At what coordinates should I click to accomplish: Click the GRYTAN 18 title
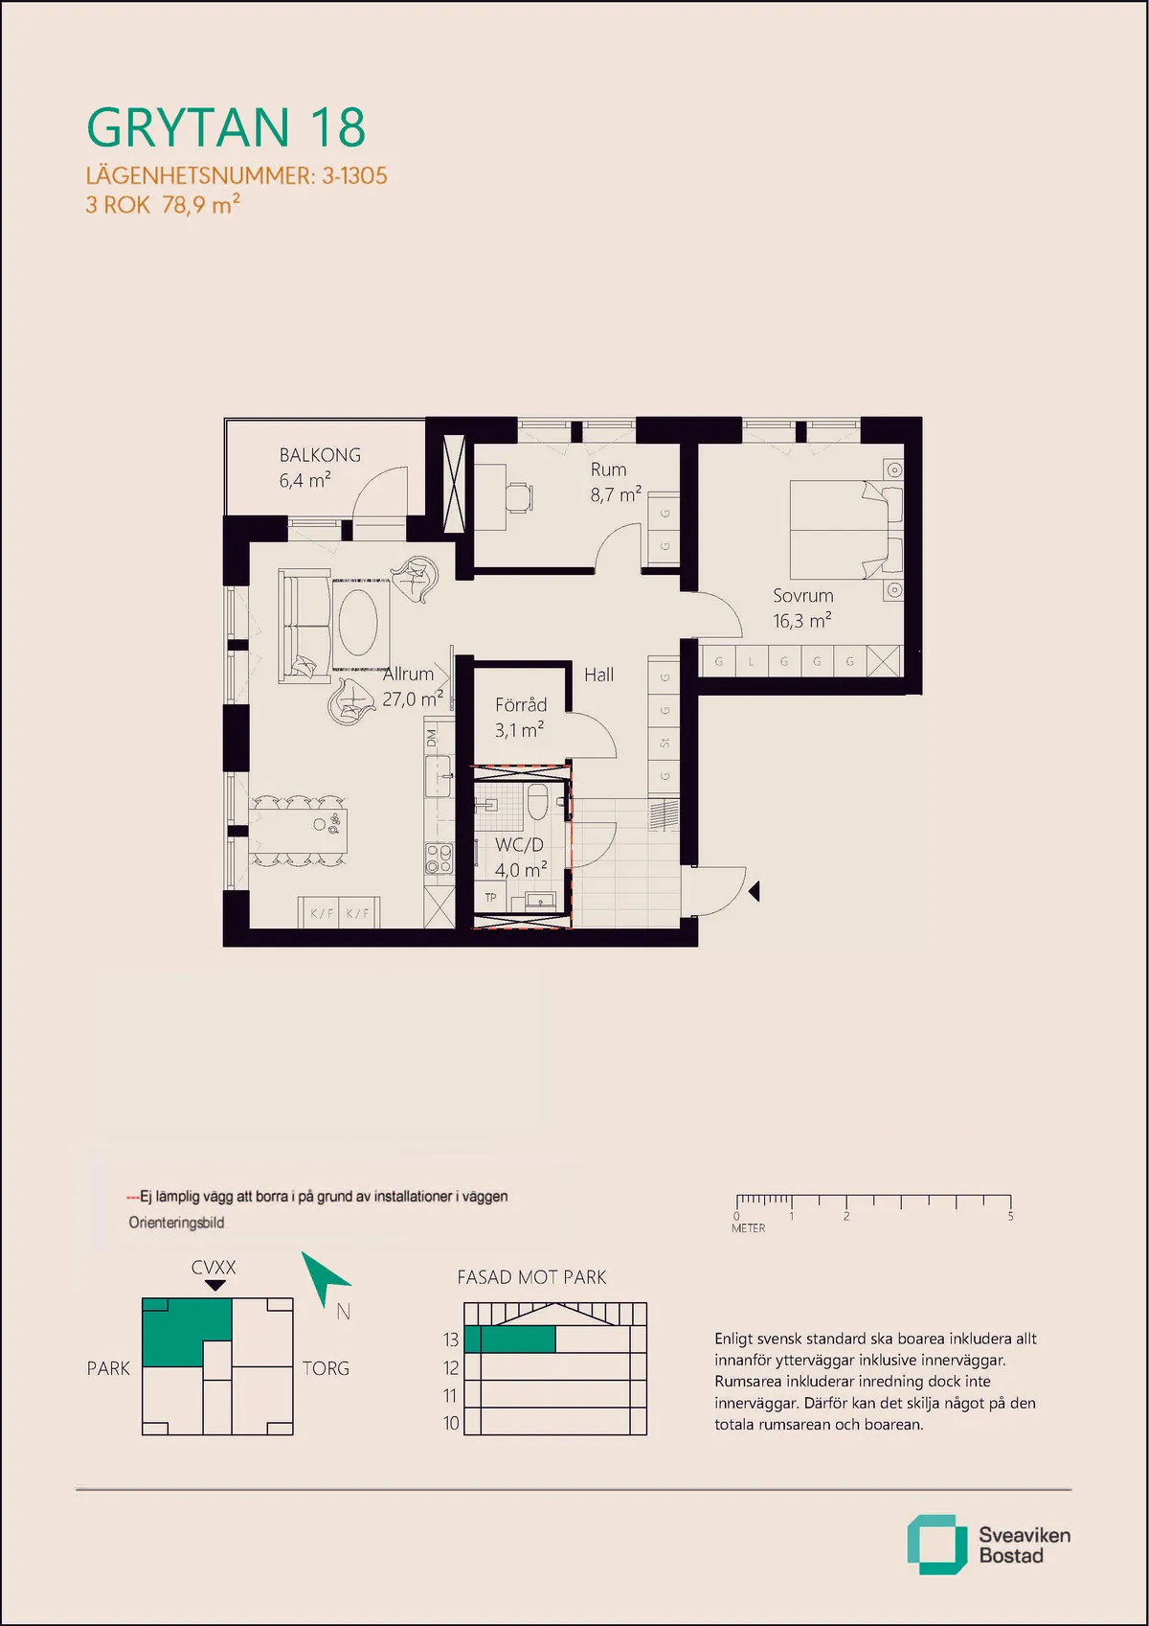pos(226,127)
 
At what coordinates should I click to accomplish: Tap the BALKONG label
pos(320,455)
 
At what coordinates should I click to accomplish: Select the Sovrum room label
pos(802,596)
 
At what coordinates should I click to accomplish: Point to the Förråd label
pos(521,705)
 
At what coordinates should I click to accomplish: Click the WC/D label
pos(519,844)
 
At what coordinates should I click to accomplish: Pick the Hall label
pos(598,676)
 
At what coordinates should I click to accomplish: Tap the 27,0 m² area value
pos(413,698)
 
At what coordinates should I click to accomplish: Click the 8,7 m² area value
pos(615,494)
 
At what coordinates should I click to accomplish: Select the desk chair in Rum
pos(519,497)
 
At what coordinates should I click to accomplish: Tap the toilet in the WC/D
pos(537,801)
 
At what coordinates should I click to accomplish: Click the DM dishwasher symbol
pos(433,738)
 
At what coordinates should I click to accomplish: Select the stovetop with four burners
pos(439,858)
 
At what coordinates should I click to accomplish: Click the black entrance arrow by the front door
pos(755,891)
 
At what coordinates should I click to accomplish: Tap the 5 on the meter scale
pos(1010,1216)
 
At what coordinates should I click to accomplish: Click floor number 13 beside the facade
pos(451,1340)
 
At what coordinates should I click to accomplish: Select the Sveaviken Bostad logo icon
pos(936,1545)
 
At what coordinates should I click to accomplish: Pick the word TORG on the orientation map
pos(326,1368)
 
